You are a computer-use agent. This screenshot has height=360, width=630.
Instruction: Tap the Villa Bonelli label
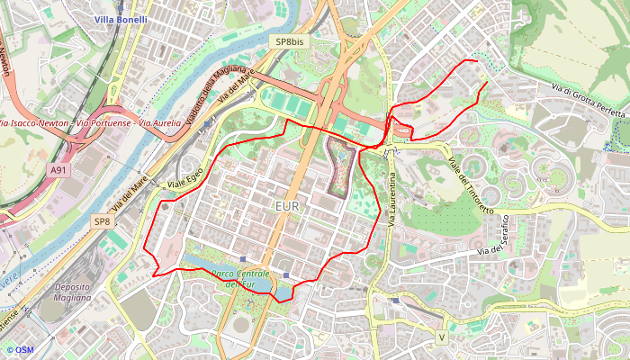[x=121, y=19]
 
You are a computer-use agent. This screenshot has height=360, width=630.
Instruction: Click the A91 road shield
[x=58, y=169]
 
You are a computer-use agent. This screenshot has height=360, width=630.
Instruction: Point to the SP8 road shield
[x=103, y=221]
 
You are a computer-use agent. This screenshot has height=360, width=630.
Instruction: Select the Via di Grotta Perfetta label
[x=587, y=101]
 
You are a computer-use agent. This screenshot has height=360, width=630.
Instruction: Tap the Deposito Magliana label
[x=72, y=292]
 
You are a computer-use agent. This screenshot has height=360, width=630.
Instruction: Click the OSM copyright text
[x=19, y=350]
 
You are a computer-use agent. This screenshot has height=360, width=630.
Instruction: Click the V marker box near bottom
[x=441, y=337]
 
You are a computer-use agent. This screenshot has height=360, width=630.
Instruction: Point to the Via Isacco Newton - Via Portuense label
[x=90, y=122]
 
